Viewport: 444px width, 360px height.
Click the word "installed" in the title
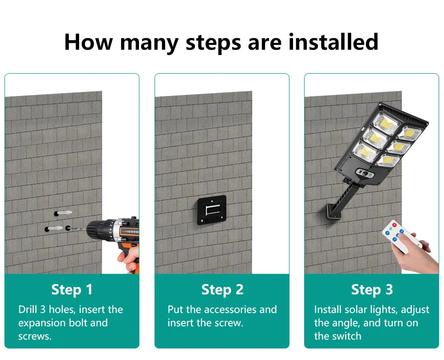click(333, 42)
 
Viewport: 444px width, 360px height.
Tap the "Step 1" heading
click(72, 289)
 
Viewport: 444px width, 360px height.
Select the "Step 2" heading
click(222, 289)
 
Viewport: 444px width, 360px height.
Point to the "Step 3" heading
click(372, 289)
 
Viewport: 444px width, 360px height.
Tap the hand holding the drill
click(129, 258)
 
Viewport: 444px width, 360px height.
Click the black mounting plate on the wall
click(212, 210)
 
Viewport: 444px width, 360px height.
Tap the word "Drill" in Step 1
click(28, 309)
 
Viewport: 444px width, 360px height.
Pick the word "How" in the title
click(88, 42)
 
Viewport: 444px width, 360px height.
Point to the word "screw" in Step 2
click(228, 323)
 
